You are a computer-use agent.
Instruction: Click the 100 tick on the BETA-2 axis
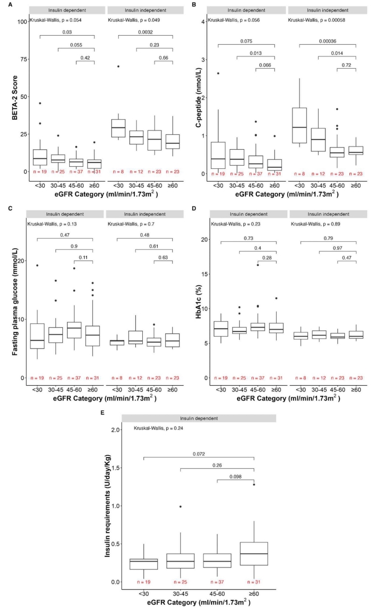[23, 21]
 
